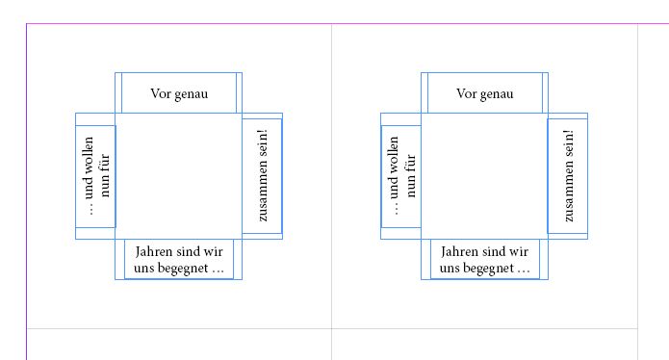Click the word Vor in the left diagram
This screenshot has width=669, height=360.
pyautogui.click(x=161, y=93)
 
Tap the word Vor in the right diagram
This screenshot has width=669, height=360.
pyautogui.click(x=467, y=93)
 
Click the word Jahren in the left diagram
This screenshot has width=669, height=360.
pyautogui.click(x=155, y=252)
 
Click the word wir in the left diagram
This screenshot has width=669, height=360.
pyautogui.click(x=214, y=252)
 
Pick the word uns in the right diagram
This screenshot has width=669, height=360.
pyautogui.click(x=451, y=269)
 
